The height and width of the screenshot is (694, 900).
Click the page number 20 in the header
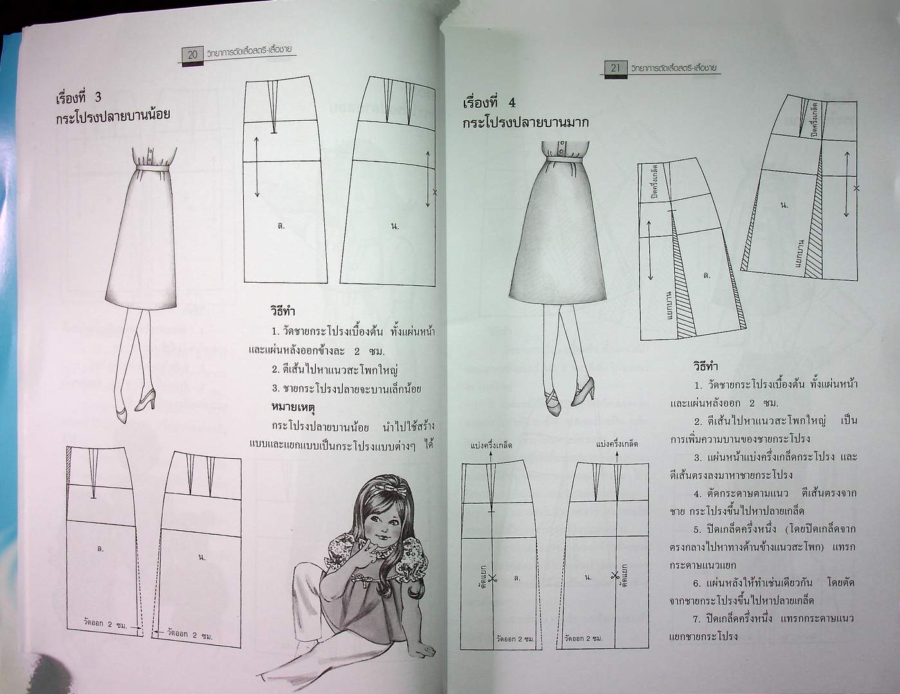(x=192, y=55)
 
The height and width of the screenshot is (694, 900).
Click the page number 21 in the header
(x=614, y=67)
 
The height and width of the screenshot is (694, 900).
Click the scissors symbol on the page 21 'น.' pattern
(x=616, y=576)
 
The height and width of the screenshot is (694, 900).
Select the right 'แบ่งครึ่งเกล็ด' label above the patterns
(x=617, y=444)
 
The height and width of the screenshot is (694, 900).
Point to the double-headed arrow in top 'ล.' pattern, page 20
(x=257, y=166)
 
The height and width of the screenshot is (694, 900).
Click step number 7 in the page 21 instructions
(x=697, y=618)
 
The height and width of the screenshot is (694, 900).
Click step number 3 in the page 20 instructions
(x=275, y=389)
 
